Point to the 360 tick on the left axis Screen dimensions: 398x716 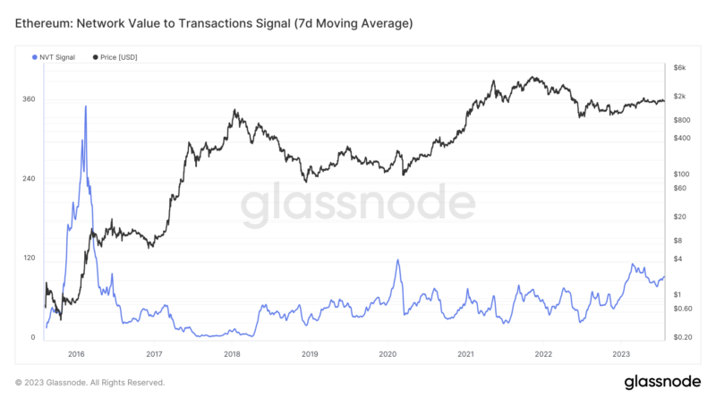pyautogui.click(x=29, y=99)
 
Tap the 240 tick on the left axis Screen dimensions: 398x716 pyautogui.click(x=29, y=179)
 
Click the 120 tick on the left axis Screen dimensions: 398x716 pyautogui.click(x=29, y=258)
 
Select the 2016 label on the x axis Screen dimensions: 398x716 pyautogui.click(x=76, y=354)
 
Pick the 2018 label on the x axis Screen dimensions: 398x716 pyautogui.click(x=232, y=354)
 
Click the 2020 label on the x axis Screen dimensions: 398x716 pyautogui.click(x=388, y=354)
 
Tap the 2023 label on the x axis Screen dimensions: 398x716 pyautogui.click(x=621, y=354)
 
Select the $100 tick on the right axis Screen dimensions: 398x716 pyautogui.click(x=682, y=174)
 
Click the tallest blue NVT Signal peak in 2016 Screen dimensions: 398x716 pyautogui.click(x=86, y=106)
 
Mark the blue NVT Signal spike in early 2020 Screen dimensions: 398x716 pyautogui.click(x=396, y=260)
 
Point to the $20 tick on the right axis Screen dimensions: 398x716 pyautogui.click(x=680, y=216)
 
